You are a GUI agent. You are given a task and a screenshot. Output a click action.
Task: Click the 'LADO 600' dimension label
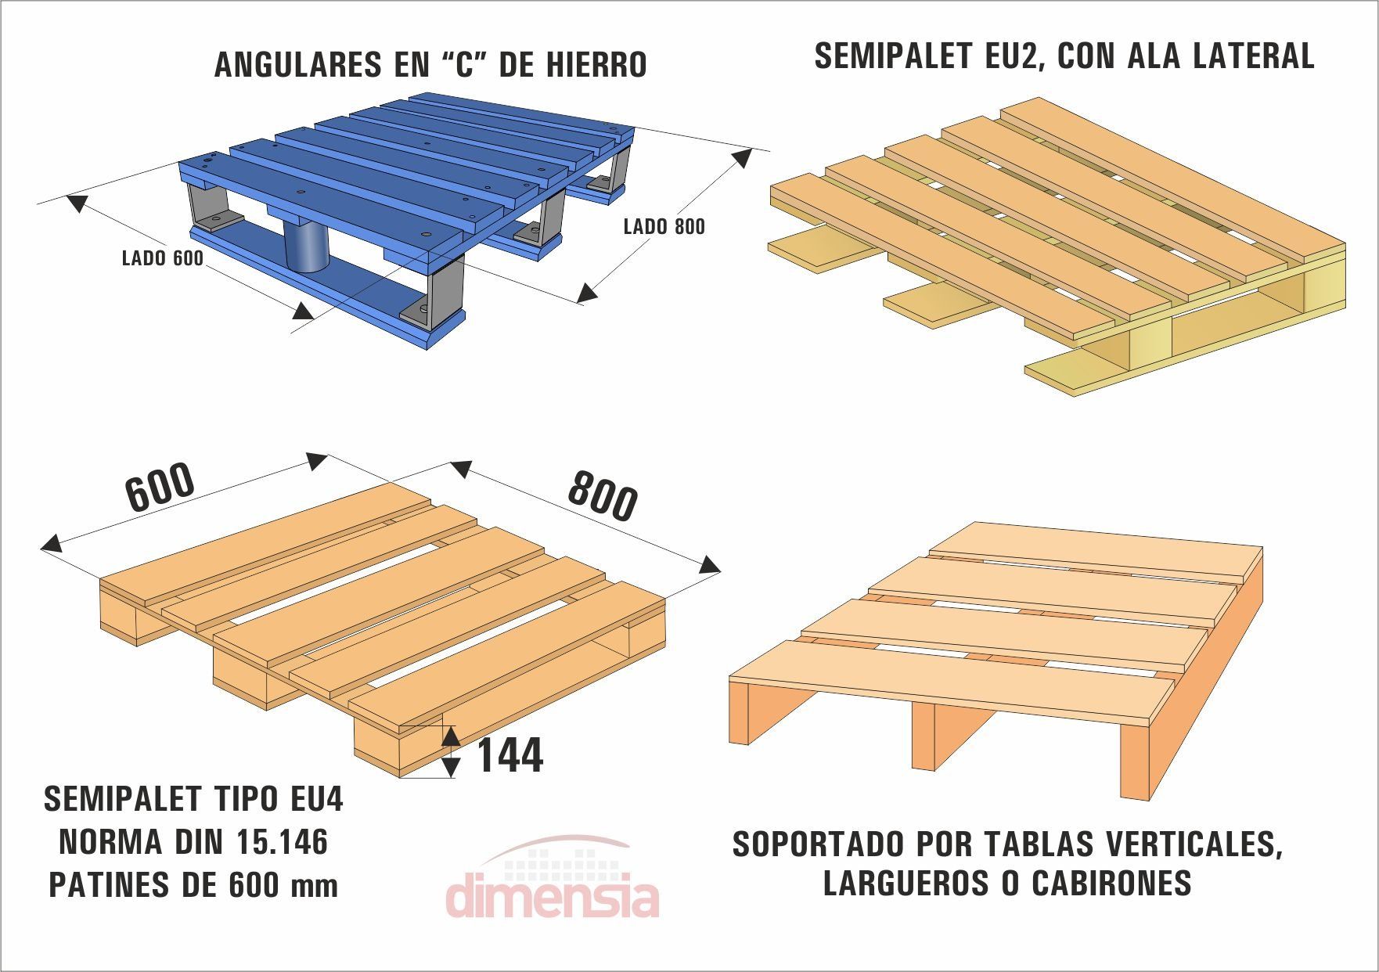pyautogui.click(x=162, y=258)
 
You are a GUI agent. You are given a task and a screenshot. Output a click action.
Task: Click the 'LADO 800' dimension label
pyautogui.click(x=664, y=227)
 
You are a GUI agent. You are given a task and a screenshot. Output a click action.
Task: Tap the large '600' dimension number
pyautogui.click(x=160, y=488)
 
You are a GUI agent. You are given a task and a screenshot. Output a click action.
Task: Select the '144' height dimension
pyautogui.click(x=509, y=755)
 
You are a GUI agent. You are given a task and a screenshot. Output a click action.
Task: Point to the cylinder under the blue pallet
pyautogui.click(x=306, y=246)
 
